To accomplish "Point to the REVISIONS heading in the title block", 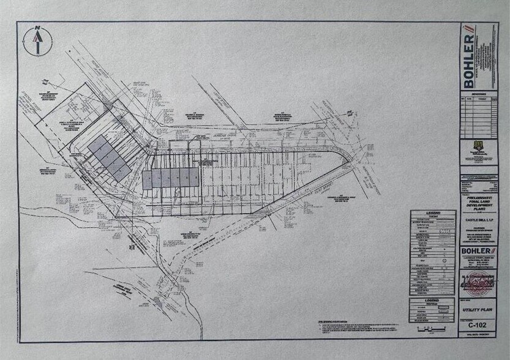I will [x=475, y=94].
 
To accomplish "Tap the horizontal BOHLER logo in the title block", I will [x=475, y=252].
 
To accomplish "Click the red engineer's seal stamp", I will [x=475, y=283].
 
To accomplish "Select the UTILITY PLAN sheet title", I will [x=475, y=311].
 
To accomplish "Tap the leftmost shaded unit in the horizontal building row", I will [x=148, y=179].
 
